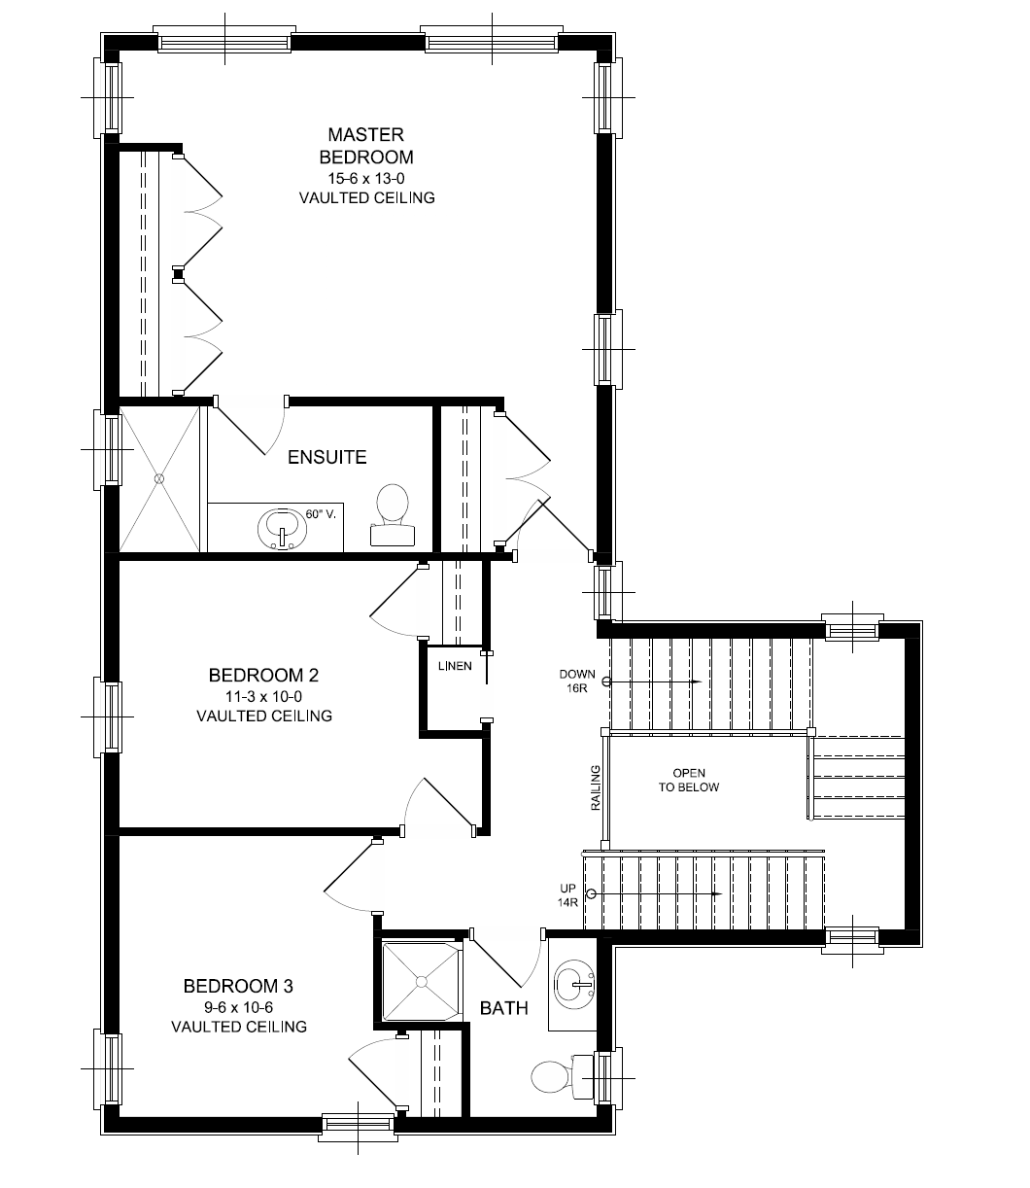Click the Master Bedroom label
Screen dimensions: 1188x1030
365,146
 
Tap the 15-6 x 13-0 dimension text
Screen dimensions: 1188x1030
365,178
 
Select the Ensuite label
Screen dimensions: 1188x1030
327,457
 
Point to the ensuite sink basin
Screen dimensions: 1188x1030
281,528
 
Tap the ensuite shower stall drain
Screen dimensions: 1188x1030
157,478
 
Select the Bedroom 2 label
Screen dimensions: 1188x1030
264,675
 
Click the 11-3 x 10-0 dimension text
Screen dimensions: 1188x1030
264,697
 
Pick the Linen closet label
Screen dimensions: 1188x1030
455,666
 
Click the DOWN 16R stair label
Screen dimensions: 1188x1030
576,681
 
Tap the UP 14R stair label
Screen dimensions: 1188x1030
567,894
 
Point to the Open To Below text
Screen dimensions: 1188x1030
688,780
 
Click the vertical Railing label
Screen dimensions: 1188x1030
596,787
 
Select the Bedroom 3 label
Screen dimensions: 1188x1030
239,987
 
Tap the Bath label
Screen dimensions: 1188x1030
504,1008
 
